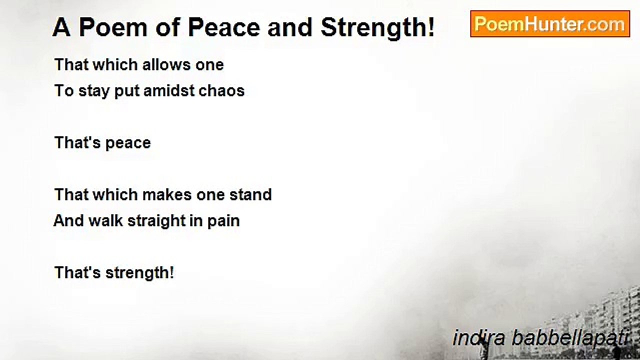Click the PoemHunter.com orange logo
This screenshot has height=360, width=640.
tap(549, 24)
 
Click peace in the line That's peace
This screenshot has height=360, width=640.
tap(127, 143)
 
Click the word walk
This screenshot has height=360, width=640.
tap(105, 220)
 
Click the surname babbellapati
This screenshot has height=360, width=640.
tap(569, 338)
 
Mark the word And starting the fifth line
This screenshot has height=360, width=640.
tap(68, 220)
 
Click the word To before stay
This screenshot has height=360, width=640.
tap(64, 91)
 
